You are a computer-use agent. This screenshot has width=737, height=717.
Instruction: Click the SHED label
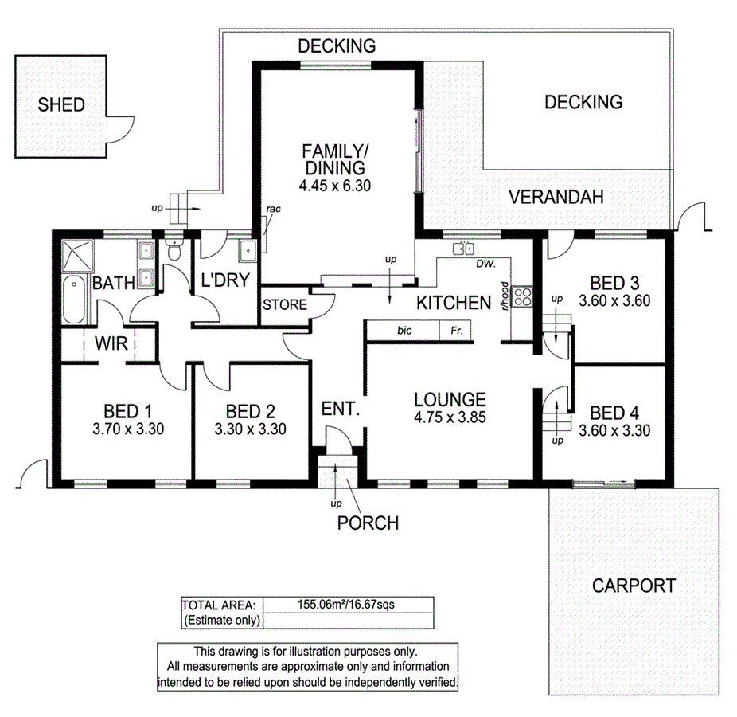pos(61,104)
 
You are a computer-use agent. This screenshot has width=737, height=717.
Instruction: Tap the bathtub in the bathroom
pos(73,299)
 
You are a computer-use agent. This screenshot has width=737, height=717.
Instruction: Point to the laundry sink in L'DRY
pos(248,250)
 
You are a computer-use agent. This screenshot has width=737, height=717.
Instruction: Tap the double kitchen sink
pos(463,249)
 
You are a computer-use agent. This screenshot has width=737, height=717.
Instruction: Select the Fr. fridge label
pos(456,330)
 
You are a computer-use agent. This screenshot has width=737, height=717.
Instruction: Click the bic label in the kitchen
pos(404,330)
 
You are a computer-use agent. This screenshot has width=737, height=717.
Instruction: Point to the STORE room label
pos(285,305)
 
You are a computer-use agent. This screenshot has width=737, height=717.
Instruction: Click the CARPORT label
pos(634,586)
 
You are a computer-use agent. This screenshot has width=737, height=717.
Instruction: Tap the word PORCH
pos(367,523)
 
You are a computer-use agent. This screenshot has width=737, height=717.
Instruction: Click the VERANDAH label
pos(556,197)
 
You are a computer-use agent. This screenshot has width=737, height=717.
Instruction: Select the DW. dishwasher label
pos(486,264)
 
